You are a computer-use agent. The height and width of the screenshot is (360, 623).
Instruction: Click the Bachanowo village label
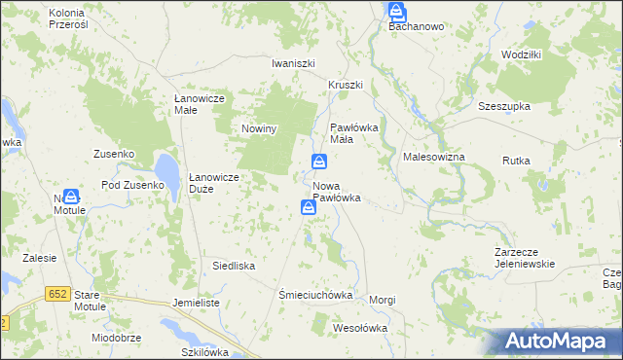416,26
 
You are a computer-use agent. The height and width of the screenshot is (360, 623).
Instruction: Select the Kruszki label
345,85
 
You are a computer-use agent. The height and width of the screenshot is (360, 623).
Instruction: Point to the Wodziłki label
521,54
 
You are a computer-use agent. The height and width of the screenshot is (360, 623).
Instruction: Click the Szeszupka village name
502,106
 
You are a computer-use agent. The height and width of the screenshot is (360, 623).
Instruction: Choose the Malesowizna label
433,157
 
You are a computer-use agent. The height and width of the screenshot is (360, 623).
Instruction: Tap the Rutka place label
515,160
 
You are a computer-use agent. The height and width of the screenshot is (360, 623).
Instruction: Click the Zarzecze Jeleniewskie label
524,257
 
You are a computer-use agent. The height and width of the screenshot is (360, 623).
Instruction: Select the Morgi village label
383,300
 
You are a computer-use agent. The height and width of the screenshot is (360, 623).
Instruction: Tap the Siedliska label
234,265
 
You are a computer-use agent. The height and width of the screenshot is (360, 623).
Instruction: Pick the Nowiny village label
260,128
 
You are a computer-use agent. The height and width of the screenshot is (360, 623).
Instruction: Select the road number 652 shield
56,293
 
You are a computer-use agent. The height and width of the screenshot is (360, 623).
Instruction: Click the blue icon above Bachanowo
397,11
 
